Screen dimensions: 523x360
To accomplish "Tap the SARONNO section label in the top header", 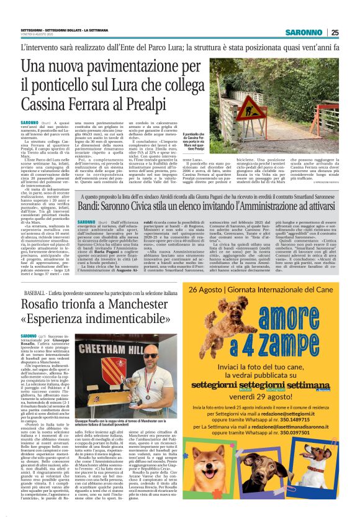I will [x=305, y=32].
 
